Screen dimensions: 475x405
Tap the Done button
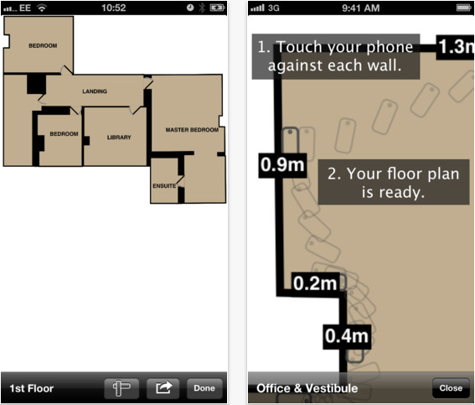(x=204, y=388)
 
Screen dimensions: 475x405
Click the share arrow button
(x=163, y=388)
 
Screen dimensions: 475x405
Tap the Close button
(x=451, y=388)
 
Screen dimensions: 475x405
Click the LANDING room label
(x=95, y=91)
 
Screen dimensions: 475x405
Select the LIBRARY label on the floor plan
(x=119, y=138)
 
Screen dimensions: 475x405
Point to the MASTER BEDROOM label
(x=192, y=130)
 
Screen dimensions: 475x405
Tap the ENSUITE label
(x=164, y=186)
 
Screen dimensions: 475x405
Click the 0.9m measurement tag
(x=282, y=165)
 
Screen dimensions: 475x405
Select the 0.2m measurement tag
(x=315, y=283)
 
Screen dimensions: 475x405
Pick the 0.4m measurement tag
(x=347, y=336)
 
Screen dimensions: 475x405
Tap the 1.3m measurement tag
(x=455, y=47)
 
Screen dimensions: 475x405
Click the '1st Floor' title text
(x=32, y=388)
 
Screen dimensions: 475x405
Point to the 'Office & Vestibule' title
(x=307, y=388)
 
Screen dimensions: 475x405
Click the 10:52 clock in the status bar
(x=114, y=8)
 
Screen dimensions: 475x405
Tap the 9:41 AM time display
(x=361, y=8)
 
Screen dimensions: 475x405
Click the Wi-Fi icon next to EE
(x=42, y=8)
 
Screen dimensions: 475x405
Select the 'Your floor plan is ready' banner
(x=394, y=182)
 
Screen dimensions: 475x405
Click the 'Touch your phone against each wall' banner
(x=336, y=57)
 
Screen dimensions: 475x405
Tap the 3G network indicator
(x=274, y=8)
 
